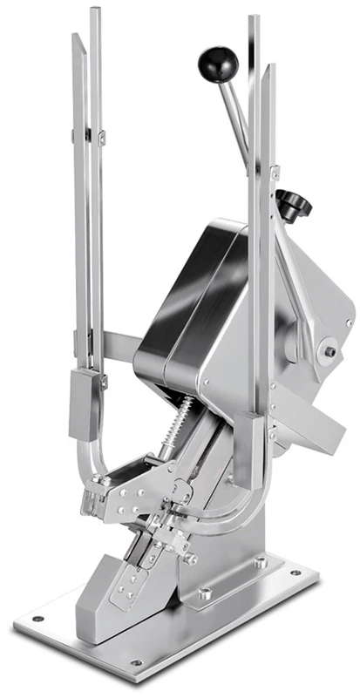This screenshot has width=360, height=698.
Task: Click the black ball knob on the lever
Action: tap(217, 63)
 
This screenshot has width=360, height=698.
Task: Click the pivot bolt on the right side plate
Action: tap(330, 352)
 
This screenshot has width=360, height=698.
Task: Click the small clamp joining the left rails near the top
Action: tap(88, 135)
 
